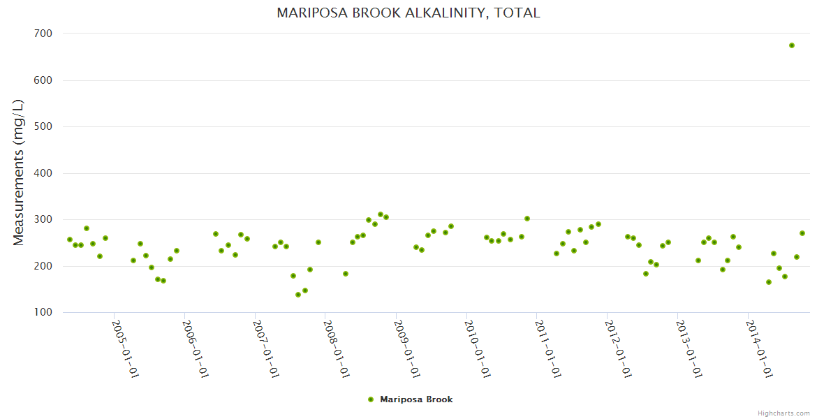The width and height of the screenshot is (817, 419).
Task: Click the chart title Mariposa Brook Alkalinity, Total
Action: [408, 13]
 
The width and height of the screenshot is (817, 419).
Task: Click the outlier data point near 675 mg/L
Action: [792, 45]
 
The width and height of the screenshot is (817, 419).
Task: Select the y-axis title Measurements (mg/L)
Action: [19, 172]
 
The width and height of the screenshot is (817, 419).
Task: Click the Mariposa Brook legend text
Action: [416, 399]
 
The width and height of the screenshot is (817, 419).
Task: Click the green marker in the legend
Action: [371, 399]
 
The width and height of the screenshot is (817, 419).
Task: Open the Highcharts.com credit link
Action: [783, 413]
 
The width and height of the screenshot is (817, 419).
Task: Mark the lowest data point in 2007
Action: [298, 295]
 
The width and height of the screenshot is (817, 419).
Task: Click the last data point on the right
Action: [802, 233]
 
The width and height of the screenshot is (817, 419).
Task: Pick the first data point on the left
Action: [69, 240]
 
